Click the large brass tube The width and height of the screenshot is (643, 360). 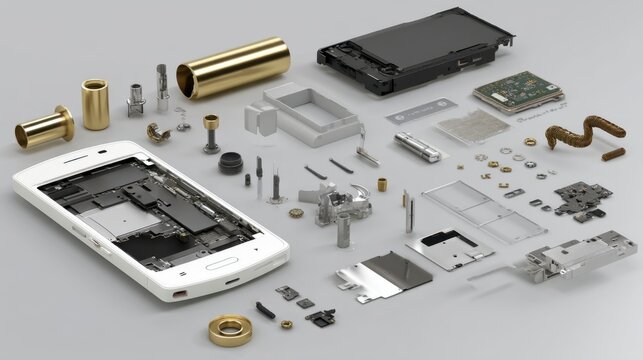(x=233, y=67)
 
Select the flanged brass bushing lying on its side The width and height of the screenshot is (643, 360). (x=44, y=126)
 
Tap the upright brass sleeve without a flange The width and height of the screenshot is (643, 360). (x=95, y=104)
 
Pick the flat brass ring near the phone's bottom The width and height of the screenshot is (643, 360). (x=231, y=329)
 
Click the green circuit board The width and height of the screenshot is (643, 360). (x=517, y=91)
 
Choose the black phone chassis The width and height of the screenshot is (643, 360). (x=414, y=50)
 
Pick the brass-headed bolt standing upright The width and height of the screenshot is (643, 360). (x=212, y=131)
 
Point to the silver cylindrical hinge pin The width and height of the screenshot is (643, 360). (x=417, y=147)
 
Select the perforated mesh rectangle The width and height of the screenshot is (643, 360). (x=472, y=125)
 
